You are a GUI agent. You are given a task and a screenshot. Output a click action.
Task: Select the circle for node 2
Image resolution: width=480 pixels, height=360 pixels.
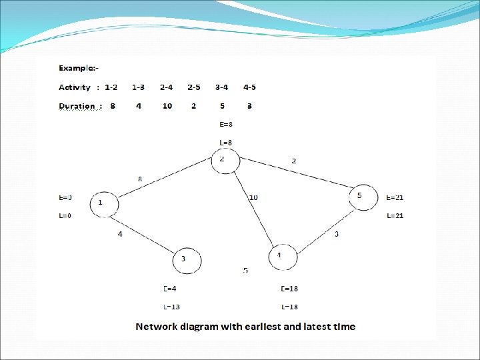[x=225, y=159]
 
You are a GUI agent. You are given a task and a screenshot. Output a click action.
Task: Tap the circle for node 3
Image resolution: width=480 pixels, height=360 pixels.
[x=187, y=259]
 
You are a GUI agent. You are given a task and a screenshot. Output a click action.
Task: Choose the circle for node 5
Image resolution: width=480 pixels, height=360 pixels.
[x=363, y=197]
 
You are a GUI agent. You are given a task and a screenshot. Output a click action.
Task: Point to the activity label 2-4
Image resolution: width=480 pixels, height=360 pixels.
[x=167, y=87]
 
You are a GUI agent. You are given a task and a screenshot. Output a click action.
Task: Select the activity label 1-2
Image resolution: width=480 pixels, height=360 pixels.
[x=111, y=87]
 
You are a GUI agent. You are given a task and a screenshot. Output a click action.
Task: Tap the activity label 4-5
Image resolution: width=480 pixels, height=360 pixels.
[x=249, y=87]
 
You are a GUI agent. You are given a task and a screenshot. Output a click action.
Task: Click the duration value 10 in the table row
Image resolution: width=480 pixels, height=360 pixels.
[x=167, y=106]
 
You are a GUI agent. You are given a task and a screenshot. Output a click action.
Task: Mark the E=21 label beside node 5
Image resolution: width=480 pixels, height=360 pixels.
[x=395, y=197]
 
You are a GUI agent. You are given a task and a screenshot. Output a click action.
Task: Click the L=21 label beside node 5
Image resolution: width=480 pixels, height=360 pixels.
[x=395, y=215]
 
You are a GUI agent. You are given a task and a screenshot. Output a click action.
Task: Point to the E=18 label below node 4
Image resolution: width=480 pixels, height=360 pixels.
[x=289, y=289]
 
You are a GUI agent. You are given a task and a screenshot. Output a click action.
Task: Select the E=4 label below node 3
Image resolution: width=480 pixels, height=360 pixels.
[x=170, y=289]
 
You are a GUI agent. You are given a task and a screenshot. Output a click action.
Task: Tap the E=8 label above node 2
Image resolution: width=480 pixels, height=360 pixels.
[x=225, y=124]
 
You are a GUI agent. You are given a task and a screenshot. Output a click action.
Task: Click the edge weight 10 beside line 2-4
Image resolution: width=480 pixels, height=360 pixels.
[x=253, y=197]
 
